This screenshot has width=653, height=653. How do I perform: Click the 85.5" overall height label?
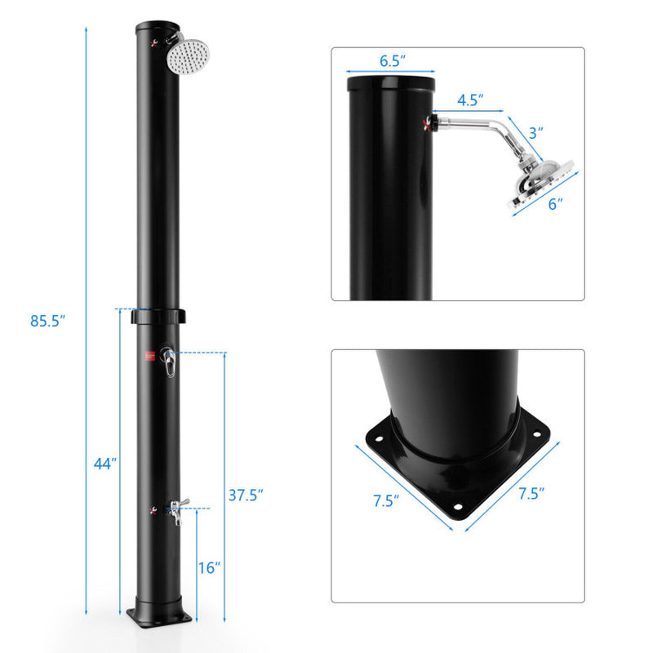pos(47,321)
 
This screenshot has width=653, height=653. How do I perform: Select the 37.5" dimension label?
pos(244,495)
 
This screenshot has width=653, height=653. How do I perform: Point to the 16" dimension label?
pos(210,567)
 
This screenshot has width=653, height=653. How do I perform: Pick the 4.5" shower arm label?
pos(469,100)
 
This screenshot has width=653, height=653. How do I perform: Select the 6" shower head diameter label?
pos(555,204)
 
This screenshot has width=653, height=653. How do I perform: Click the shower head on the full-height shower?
pos(188,56)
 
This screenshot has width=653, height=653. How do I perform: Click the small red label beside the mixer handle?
pos(149,355)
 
